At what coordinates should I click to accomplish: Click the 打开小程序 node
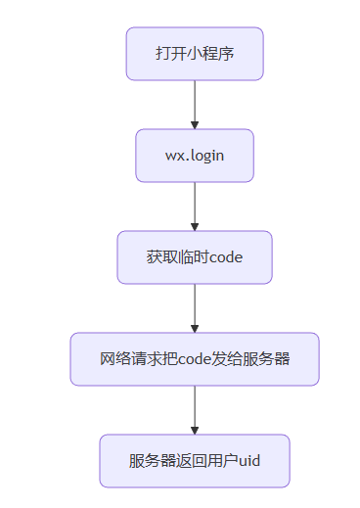point(195,54)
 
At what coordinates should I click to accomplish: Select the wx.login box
point(195,156)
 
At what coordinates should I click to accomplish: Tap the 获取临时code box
point(195,257)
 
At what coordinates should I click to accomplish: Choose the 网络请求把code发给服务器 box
point(195,359)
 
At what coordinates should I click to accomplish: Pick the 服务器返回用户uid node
point(195,461)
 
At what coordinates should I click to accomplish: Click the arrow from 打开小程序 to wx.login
point(195,103)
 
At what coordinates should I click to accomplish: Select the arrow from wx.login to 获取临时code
point(195,205)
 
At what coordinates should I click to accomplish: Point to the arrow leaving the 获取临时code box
point(195,306)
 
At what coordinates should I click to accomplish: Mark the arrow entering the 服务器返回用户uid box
point(195,408)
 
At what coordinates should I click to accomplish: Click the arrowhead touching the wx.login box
point(195,124)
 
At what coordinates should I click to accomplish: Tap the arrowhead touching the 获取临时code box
point(195,226)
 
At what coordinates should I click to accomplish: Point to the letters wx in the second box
point(173,156)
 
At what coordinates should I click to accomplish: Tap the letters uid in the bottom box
point(248,461)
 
